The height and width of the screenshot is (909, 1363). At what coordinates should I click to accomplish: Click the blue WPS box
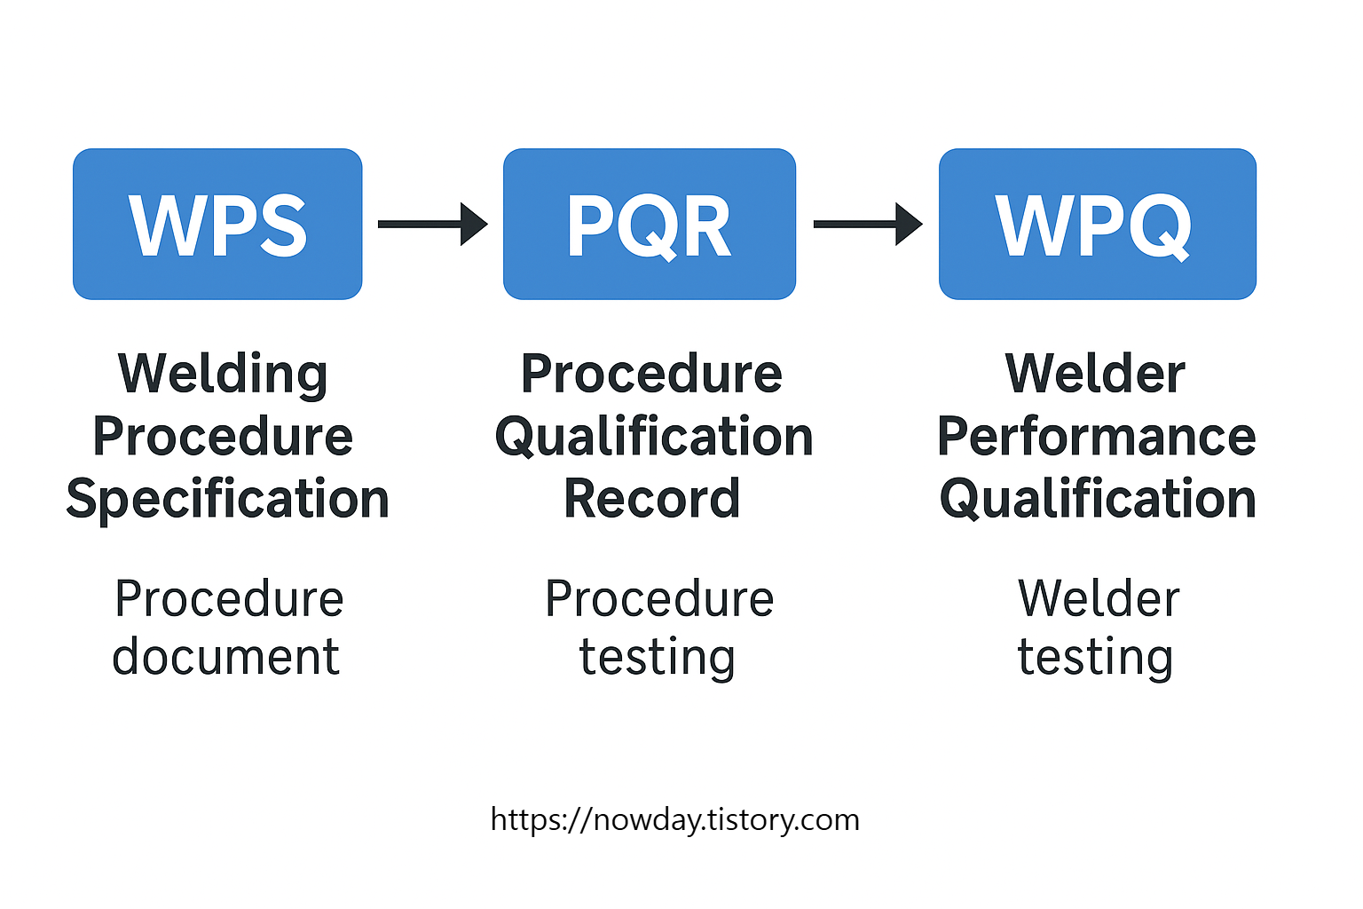coord(217,224)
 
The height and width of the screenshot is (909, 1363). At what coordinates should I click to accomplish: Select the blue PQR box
coord(649,224)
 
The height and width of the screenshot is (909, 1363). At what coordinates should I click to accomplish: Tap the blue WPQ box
coord(1097,224)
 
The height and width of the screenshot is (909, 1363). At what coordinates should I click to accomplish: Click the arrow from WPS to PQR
coord(432,224)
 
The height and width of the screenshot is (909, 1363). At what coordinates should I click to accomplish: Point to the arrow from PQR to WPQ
coord(867,224)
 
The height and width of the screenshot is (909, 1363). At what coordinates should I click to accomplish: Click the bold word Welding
coord(223,374)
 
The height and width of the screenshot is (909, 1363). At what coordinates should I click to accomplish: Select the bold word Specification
coord(227,499)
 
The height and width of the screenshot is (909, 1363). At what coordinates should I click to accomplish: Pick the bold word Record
coord(651,499)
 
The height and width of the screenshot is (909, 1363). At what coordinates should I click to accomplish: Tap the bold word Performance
coord(1096,437)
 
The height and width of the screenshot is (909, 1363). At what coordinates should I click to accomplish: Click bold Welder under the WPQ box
coord(1095,374)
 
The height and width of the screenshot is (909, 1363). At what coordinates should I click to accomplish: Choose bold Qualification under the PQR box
coord(653,437)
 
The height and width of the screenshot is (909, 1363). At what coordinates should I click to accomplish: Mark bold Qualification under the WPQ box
coord(1098,499)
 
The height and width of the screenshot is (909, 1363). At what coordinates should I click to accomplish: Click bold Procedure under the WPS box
coord(223,437)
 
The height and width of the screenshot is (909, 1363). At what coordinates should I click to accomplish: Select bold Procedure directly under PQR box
coord(651,374)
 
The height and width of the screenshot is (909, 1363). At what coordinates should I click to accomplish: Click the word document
coord(225,657)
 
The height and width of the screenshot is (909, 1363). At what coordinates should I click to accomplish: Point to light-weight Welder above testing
coord(1099,598)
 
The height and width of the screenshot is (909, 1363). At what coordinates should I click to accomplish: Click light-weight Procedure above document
coord(229,598)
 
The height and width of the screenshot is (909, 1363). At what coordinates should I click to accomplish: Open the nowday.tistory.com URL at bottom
coord(674,819)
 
